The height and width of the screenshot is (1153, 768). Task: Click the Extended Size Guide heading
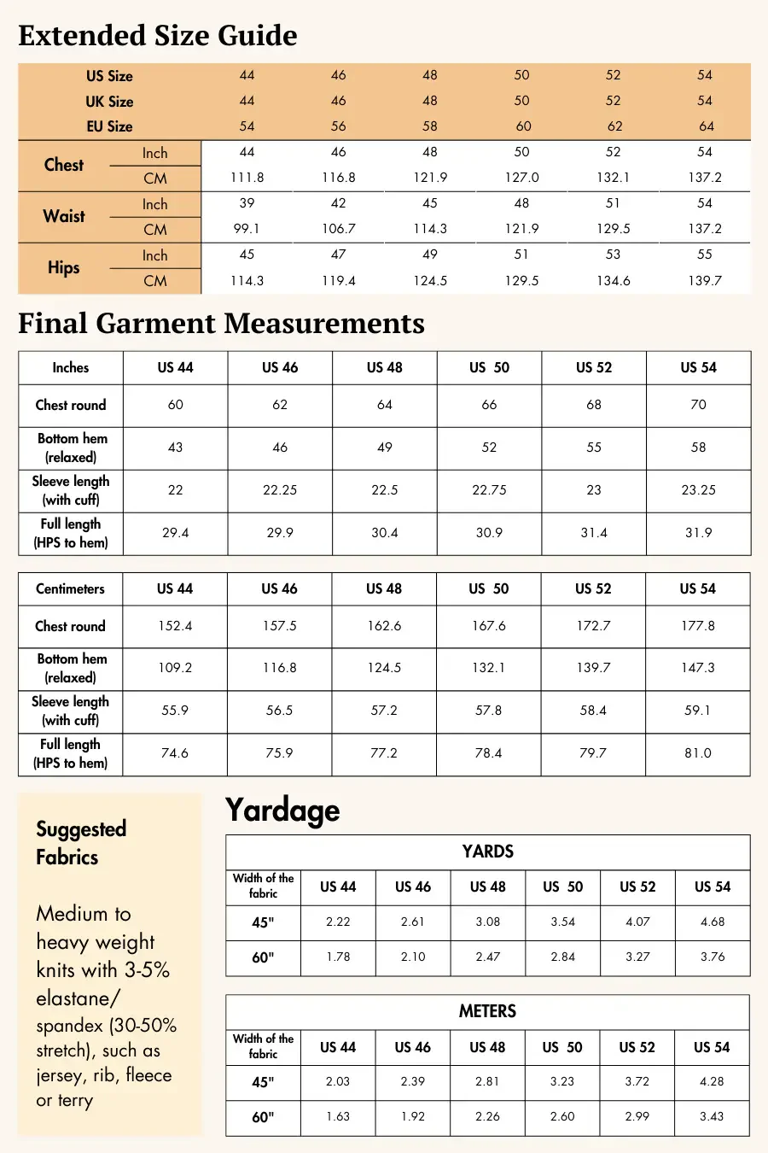(x=158, y=36)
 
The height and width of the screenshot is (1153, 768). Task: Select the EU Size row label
(x=109, y=126)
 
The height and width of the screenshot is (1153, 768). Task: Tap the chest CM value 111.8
(x=247, y=178)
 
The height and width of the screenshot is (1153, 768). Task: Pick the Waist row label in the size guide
(x=64, y=216)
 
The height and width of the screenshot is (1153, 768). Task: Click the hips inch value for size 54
(x=705, y=255)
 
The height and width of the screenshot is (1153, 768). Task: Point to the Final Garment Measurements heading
(x=221, y=324)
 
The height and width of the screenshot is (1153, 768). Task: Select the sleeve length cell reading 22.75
(x=489, y=490)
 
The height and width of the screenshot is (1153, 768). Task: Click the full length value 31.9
(x=698, y=533)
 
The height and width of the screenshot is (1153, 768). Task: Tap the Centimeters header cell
(x=70, y=588)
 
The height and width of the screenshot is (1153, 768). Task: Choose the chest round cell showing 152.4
(x=175, y=626)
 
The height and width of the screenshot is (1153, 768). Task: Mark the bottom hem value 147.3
(x=698, y=668)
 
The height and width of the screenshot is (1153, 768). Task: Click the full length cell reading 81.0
(x=698, y=753)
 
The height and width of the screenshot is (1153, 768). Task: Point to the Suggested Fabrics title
(x=81, y=843)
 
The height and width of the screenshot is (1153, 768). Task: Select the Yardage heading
(x=282, y=811)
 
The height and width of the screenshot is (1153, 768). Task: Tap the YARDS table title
(x=487, y=852)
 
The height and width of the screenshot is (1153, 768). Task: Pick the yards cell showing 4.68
(x=713, y=922)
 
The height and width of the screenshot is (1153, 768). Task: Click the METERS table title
(x=487, y=1011)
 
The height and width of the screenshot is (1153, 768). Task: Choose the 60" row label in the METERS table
(x=263, y=1117)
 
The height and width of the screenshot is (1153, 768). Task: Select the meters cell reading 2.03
(x=338, y=1082)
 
